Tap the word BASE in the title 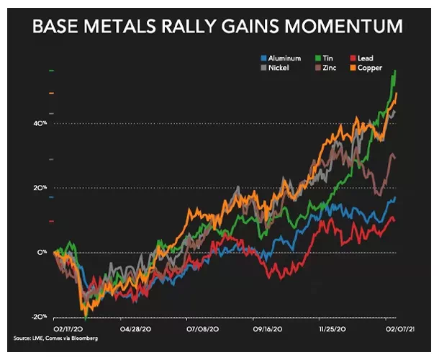click(55, 27)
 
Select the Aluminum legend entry click(281, 58)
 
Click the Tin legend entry click(324, 58)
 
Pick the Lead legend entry click(362, 58)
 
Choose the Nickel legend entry click(275, 68)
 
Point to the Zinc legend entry click(325, 68)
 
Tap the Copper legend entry click(366, 68)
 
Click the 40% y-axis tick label click(40, 124)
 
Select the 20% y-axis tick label click(40, 188)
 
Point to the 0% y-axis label click(42, 253)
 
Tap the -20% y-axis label click(39, 317)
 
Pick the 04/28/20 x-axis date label click(135, 329)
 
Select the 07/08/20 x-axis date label click(203, 329)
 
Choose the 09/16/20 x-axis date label click(268, 329)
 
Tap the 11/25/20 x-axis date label click(332, 329)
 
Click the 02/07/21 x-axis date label click(400, 329)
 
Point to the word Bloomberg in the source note click(84, 338)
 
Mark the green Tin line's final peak click(395, 71)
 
